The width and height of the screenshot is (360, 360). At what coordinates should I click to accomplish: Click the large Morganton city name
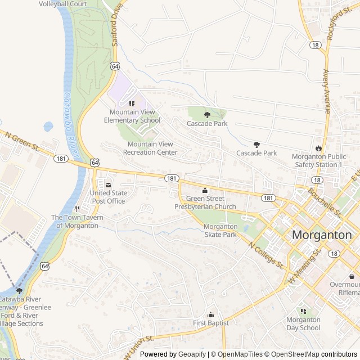(x=322, y=235)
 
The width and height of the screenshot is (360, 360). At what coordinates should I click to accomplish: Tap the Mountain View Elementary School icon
(x=132, y=103)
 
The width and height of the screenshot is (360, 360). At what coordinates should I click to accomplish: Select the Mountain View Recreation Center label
(x=150, y=148)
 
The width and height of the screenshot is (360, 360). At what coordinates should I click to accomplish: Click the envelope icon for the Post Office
(x=108, y=185)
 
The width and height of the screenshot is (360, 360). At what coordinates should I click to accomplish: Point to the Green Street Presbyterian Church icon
(x=205, y=190)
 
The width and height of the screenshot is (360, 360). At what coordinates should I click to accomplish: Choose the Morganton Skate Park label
(x=220, y=231)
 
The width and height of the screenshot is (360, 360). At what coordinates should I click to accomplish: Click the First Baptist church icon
(x=211, y=315)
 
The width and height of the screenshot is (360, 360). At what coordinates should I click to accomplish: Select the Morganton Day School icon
(x=303, y=311)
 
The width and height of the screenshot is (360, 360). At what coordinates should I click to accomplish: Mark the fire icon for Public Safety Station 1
(x=318, y=148)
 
